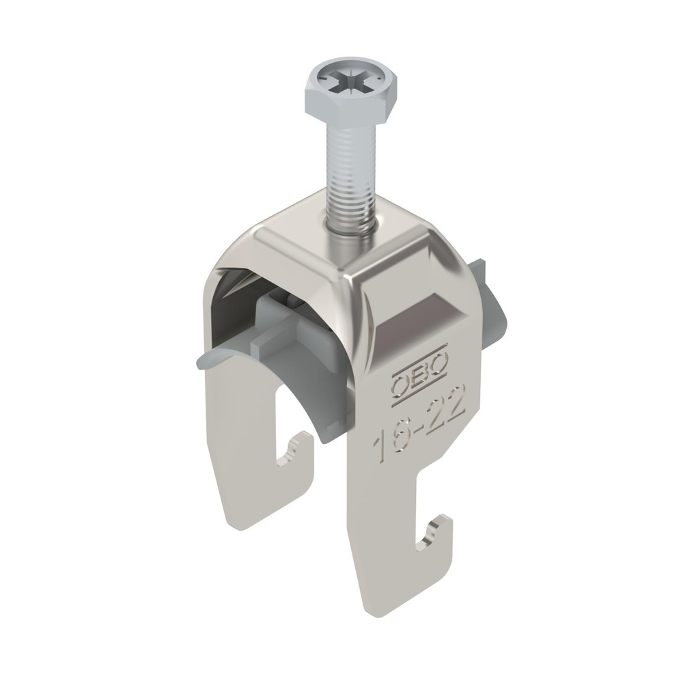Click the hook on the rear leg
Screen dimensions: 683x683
coord(298,454)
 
